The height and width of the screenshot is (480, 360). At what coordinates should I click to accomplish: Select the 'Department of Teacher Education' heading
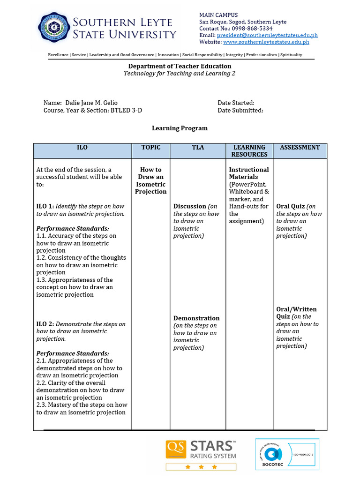coord(180,66)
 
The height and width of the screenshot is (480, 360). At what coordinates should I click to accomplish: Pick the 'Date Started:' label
coord(236,103)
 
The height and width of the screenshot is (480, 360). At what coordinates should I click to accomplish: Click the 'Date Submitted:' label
coord(240,110)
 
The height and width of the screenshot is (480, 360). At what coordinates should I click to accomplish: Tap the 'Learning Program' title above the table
coord(180,128)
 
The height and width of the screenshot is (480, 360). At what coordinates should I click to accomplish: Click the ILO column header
coord(82,147)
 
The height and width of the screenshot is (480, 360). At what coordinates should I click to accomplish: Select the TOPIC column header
coord(151,147)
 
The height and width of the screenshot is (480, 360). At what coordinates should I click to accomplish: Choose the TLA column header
coord(198,147)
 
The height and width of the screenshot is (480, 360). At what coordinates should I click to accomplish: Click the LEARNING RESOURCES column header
coord(249,150)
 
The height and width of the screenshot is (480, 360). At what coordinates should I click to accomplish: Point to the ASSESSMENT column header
coord(300,147)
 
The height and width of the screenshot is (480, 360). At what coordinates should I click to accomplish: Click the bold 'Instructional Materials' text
coord(248,173)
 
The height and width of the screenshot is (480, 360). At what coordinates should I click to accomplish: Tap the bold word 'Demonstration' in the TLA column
coord(196,318)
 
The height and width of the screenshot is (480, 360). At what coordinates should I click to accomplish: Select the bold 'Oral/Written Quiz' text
coord(296,313)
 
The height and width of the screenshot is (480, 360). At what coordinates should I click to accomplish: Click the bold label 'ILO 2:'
coord(45,324)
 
